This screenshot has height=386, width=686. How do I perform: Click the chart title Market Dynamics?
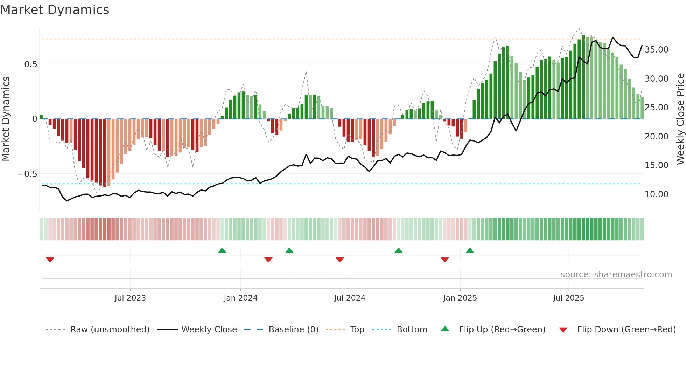point(55,10)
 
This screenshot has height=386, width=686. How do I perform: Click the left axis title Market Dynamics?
point(6,119)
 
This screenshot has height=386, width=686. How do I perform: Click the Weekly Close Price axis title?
point(680,119)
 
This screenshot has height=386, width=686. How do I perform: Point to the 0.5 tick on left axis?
point(30,64)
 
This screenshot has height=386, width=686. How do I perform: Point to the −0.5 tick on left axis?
point(27,174)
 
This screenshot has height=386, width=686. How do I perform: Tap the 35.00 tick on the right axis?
point(656,50)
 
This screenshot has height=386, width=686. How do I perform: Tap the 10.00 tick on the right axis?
point(656,194)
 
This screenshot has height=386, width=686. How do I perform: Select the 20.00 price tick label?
point(656,137)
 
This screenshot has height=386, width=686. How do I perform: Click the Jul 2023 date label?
point(130,298)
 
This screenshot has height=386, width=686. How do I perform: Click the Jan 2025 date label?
point(460,298)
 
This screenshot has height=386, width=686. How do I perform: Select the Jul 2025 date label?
point(568,298)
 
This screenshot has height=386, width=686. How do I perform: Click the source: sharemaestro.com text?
point(616,275)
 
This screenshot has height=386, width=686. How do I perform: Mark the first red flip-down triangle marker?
point(50,260)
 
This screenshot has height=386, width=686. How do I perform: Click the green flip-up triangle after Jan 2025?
point(470,250)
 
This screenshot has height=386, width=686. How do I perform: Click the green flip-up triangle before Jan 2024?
point(222,250)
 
